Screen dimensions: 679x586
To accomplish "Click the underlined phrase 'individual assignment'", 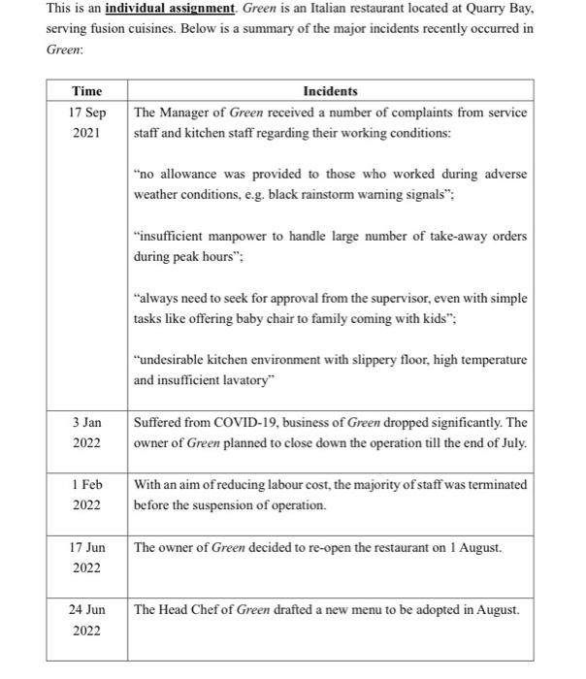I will pos(170,9).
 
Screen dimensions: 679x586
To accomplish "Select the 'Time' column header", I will pos(86,91).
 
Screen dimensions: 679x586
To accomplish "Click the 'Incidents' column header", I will pos(330,91).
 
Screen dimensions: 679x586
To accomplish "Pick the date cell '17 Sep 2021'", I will pos(86,122).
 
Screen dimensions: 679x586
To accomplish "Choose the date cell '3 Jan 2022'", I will pos(86,433).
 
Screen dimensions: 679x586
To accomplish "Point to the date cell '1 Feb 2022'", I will pos(86,494).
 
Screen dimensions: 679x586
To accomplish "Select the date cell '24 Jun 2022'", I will pos(86,620).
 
